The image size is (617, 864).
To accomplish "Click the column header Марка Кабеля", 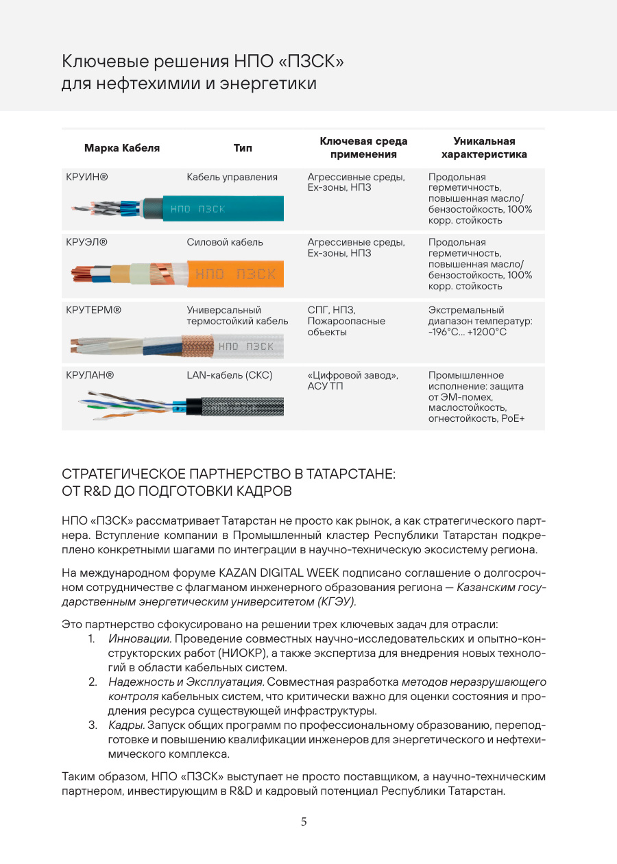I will tap(121, 148).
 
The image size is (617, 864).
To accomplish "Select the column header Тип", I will tap(242, 148).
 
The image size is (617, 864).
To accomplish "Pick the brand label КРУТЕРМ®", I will tap(94, 310).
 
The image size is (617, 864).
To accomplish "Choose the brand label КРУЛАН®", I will tap(90, 375).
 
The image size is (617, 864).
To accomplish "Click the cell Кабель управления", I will tap(232, 177).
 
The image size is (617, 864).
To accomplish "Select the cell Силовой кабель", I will tap(224, 242).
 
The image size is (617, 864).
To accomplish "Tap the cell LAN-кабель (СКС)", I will tap(229, 375).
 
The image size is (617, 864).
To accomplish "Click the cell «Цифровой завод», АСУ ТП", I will tap(353, 381).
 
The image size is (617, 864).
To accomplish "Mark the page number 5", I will tap(304, 822).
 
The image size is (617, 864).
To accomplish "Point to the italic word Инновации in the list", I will tap(139, 639).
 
